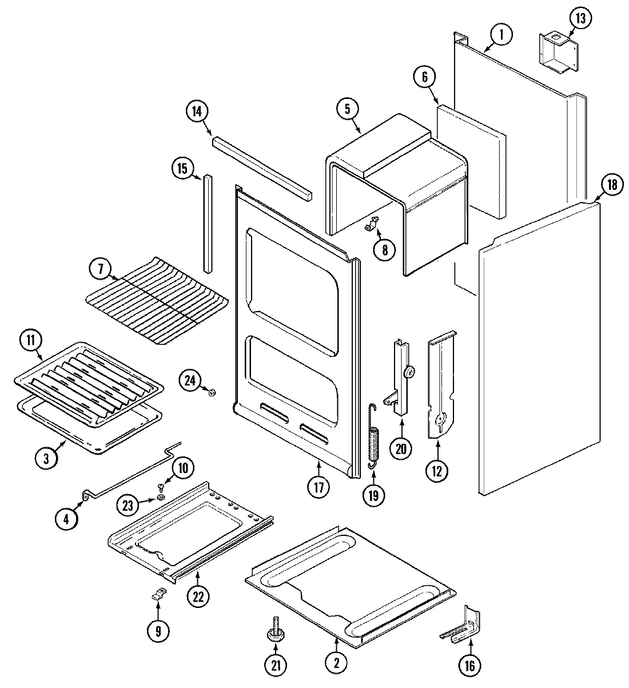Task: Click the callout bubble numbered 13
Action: coord(580,19)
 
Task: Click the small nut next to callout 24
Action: coord(212,392)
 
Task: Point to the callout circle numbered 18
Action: coord(611,185)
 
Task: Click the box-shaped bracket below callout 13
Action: coord(558,53)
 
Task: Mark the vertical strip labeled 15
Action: coord(207,224)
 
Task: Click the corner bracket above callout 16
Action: coord(465,627)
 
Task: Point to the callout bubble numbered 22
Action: coord(197,596)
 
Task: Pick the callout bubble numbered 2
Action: coord(336,663)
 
